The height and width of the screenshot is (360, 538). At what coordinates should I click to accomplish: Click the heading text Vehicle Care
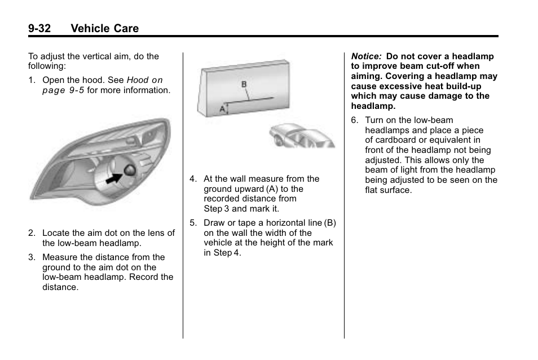point(105,28)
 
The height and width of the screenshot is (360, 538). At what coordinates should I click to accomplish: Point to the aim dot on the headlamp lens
point(130,170)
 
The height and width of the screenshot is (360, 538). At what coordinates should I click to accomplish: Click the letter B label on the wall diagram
point(244,84)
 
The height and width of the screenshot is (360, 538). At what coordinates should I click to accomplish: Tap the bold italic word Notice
point(366,56)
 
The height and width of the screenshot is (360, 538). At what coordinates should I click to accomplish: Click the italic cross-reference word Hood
point(138,80)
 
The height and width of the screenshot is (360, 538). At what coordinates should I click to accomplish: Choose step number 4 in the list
point(193,179)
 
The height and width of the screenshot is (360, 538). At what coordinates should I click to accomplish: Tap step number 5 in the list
point(193,223)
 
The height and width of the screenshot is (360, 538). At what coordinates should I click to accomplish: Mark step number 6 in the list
point(354,120)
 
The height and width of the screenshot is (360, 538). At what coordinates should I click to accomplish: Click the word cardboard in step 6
point(395,140)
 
